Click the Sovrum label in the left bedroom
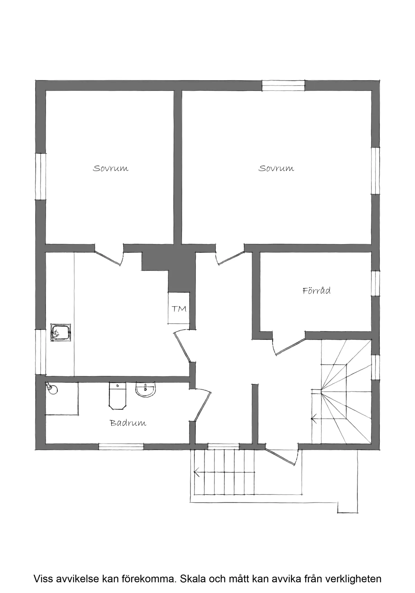click(111, 168)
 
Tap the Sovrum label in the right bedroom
click(276, 168)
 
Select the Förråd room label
click(316, 290)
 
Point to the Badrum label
click(128, 423)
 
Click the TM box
click(179, 308)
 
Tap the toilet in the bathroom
click(118, 396)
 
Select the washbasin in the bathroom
click(146, 390)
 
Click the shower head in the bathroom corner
click(51, 389)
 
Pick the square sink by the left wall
click(61, 333)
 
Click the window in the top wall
click(283, 85)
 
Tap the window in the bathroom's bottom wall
click(121, 446)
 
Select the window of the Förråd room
click(376, 283)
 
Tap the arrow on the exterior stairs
click(197, 471)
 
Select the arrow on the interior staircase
click(314, 419)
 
